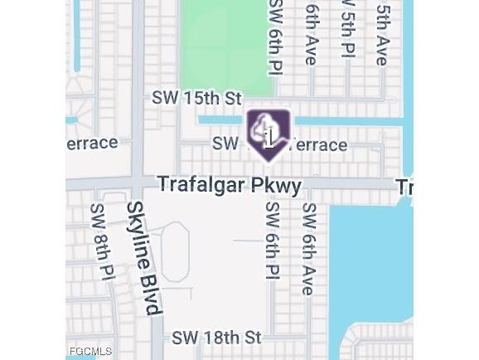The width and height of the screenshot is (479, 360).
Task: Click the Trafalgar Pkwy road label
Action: [230, 184]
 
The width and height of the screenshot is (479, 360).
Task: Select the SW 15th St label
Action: [196, 98]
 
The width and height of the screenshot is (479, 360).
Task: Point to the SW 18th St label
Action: [216, 338]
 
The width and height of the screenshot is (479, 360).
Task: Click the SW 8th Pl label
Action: [101, 242]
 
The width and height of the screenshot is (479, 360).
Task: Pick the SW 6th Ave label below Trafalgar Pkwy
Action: [308, 248]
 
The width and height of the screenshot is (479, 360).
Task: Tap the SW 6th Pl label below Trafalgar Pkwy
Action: [273, 240]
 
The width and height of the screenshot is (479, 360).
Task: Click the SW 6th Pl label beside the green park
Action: [275, 37]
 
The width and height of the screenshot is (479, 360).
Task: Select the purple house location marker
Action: [269, 133]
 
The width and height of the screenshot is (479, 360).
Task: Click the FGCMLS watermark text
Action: [90, 352]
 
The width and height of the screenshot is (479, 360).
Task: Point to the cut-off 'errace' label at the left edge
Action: [92, 143]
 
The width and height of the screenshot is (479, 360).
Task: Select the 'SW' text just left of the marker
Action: [225, 144]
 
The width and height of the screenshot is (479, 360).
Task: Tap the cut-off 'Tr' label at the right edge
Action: [404, 187]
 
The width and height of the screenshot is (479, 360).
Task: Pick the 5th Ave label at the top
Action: [382, 33]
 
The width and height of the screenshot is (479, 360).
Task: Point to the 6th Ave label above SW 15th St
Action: [311, 33]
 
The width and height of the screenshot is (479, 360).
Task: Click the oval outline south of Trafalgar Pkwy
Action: [174, 251]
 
